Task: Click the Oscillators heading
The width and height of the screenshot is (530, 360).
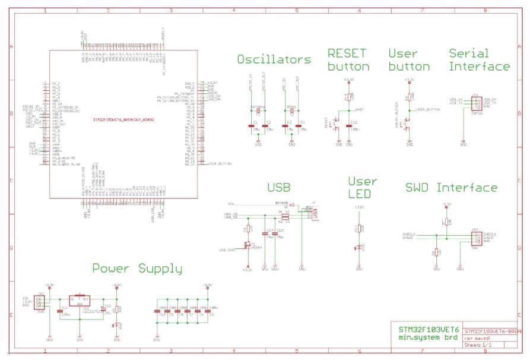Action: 274,59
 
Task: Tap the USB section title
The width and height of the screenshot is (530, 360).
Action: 278,188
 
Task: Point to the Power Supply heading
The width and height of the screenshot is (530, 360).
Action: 137,269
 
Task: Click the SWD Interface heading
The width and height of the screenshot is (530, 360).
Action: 452,188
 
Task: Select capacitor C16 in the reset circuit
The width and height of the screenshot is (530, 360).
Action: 349,125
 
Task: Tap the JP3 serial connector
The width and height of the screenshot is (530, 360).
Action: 475,103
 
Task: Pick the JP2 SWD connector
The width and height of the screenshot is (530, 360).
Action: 475,238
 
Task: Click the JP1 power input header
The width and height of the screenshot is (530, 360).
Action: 40,302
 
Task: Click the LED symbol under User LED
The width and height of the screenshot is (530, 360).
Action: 358,247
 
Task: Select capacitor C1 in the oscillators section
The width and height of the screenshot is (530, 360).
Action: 250,126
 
